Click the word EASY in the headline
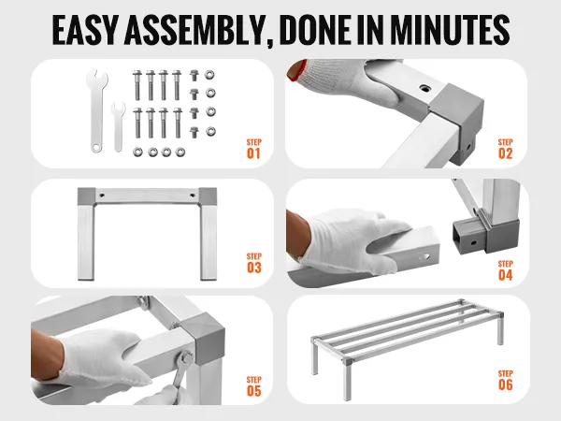(x=85, y=30)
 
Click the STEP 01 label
(x=253, y=149)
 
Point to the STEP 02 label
(x=505, y=149)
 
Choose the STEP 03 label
(x=253, y=263)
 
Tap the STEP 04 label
(x=505, y=270)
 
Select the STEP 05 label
(x=253, y=386)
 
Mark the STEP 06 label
(x=505, y=380)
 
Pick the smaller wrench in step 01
(x=118, y=126)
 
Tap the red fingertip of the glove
(x=296, y=70)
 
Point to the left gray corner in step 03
(x=86, y=196)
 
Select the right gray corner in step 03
(x=208, y=196)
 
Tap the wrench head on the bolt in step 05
(x=186, y=357)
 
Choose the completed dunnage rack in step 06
(x=408, y=347)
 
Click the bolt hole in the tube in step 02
(x=424, y=87)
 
